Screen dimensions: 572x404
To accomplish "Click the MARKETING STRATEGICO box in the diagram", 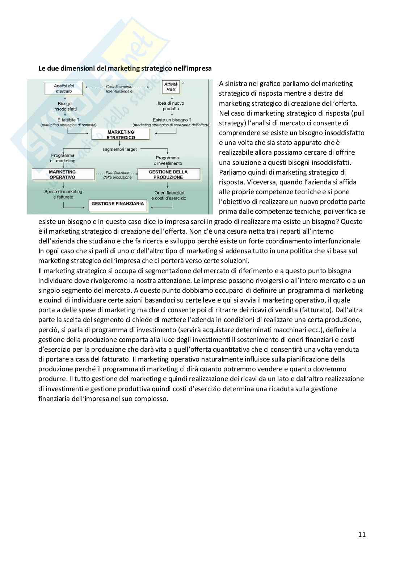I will [x=121, y=135].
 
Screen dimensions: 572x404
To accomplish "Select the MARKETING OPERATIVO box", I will [x=63, y=175].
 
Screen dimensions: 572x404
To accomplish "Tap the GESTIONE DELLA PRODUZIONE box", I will [x=168, y=175].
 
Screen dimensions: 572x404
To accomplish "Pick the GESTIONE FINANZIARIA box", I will [x=118, y=204].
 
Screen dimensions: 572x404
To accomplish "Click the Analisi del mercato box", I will [x=64, y=88].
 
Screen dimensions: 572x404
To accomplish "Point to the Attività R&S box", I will [x=171, y=87].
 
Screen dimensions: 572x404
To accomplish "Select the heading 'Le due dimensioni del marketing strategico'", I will [x=125, y=68].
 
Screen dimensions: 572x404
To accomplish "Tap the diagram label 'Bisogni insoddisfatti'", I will [x=65, y=106].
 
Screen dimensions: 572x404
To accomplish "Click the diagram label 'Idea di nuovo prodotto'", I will [x=171, y=106].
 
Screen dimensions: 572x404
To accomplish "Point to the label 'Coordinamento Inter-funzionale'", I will [x=119, y=89].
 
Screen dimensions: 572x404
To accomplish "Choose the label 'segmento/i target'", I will [x=119, y=149].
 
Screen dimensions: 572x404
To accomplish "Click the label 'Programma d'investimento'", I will [x=168, y=160].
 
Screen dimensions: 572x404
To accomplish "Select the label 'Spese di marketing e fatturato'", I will [x=63, y=194].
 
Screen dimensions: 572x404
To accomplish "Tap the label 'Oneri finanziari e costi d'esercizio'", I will [x=169, y=196].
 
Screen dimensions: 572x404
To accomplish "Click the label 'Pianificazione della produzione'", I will [x=117, y=175].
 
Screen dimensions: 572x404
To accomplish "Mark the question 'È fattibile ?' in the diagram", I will [x=68, y=120].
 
